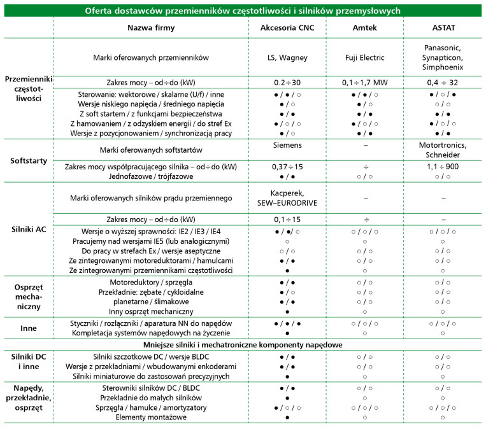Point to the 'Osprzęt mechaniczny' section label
26,297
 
